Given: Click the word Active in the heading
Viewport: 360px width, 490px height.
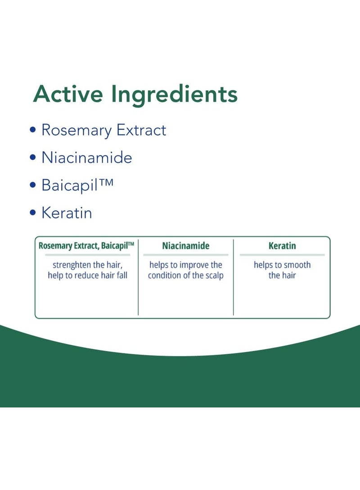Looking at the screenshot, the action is pyautogui.click(x=68, y=94).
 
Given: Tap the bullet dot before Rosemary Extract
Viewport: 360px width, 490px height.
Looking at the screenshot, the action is pyautogui.click(x=33, y=129).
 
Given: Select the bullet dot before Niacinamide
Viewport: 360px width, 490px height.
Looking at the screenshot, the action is pyautogui.click(x=33, y=157).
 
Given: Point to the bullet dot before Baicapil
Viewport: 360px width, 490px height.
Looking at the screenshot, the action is pyautogui.click(x=33, y=185).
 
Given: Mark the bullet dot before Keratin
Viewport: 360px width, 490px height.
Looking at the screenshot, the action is pyautogui.click(x=33, y=213).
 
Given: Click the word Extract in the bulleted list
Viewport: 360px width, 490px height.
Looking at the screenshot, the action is pyautogui.click(x=141, y=130).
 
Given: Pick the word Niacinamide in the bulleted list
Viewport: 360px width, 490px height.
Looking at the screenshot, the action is pyautogui.click(x=87, y=157).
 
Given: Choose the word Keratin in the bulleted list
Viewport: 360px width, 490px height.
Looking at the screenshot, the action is pyautogui.click(x=67, y=213).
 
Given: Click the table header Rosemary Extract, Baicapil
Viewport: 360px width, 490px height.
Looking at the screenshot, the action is pyautogui.click(x=86, y=246).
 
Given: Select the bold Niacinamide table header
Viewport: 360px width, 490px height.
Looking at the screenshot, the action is pyautogui.click(x=186, y=245).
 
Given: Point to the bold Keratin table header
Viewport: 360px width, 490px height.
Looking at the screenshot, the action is pyautogui.click(x=282, y=245).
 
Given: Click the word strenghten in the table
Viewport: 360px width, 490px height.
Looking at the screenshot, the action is pyautogui.click(x=72, y=265).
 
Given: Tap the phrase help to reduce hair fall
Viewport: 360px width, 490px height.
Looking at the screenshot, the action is pyautogui.click(x=88, y=275).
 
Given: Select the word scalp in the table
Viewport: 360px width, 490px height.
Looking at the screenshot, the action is pyautogui.click(x=214, y=276).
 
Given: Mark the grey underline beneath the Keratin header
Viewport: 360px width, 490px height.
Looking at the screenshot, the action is pyautogui.click(x=282, y=255).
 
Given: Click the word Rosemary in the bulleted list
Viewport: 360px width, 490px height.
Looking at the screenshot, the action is pyautogui.click(x=76, y=130).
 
